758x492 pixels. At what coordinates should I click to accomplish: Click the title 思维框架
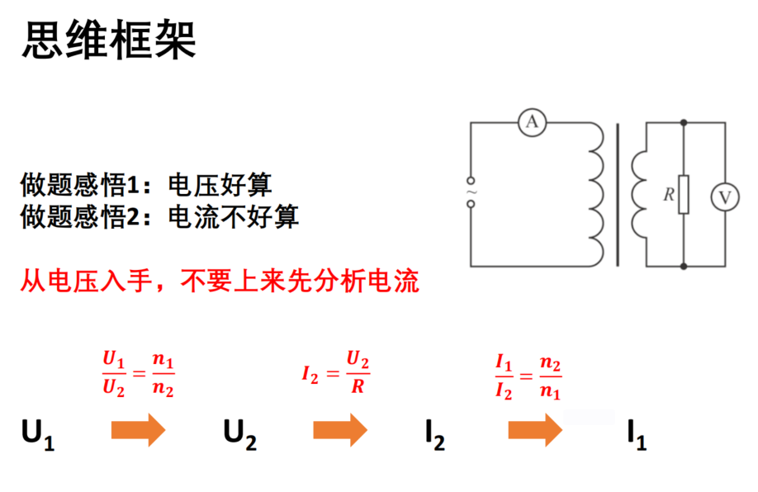(109, 40)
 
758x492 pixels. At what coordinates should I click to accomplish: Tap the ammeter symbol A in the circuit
(532, 122)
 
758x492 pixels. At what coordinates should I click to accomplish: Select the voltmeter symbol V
(725, 197)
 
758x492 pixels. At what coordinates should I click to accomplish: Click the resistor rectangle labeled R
(684, 194)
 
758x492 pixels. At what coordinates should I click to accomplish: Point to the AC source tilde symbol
(471, 192)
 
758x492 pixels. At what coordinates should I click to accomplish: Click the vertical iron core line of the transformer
(618, 195)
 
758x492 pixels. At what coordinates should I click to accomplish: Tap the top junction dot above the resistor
(684, 123)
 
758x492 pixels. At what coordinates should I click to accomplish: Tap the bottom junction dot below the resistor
(684, 267)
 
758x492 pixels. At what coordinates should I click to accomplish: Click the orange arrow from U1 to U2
(138, 429)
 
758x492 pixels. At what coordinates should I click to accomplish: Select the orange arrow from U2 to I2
(340, 429)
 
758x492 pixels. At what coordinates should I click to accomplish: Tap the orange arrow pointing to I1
(535, 429)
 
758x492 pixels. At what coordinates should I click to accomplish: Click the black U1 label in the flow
(38, 435)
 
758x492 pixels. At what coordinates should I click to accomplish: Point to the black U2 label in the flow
(239, 435)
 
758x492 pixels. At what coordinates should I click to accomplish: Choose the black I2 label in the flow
(435, 435)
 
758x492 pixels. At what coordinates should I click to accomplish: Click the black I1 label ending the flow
(637, 435)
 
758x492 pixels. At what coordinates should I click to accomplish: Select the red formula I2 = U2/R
(336, 372)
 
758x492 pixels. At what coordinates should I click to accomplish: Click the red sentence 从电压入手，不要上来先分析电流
(220, 281)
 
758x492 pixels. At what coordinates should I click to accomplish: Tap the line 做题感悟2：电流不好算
(159, 216)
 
